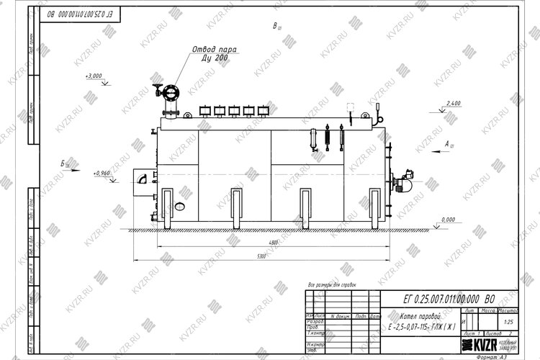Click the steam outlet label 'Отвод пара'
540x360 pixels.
213,49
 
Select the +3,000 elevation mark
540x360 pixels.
93,76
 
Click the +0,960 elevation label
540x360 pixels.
101,174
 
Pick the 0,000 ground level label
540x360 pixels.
448,219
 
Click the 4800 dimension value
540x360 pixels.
268,243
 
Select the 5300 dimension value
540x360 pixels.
261,256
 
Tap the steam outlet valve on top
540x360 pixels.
171,92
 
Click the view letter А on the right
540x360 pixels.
447,145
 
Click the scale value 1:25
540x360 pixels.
510,321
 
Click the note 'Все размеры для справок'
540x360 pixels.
331,286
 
